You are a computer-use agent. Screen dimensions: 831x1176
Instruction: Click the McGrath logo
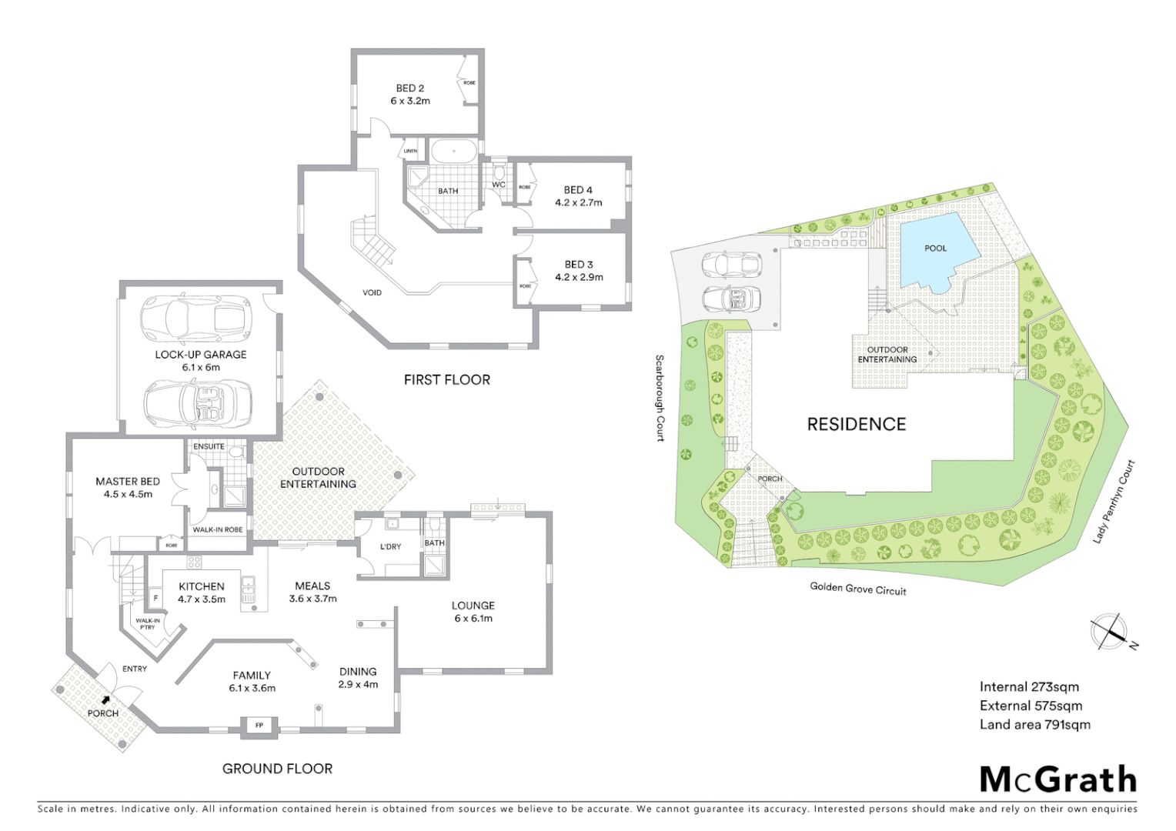click(1057, 779)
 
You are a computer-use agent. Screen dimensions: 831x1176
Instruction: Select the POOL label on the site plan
click(935, 249)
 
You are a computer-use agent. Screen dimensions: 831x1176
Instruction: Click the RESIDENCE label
click(856, 424)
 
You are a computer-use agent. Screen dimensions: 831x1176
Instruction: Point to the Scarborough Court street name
click(660, 398)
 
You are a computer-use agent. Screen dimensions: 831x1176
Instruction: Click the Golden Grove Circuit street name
click(857, 589)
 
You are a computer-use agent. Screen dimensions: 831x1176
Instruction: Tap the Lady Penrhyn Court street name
click(1114, 502)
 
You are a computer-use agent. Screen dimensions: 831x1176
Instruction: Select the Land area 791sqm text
click(1034, 724)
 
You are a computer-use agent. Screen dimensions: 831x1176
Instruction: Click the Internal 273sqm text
click(1029, 687)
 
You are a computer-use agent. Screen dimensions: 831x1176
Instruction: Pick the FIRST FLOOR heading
click(446, 379)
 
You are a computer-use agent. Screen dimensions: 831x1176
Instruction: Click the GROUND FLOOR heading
click(277, 769)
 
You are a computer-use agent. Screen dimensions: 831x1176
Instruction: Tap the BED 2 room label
click(409, 95)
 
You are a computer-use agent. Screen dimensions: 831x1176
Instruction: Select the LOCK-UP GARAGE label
click(201, 361)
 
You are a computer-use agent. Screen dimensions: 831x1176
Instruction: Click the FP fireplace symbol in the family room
click(259, 726)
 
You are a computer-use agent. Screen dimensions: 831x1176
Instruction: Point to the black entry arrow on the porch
click(105, 700)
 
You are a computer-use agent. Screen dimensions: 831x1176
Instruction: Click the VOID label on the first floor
click(372, 292)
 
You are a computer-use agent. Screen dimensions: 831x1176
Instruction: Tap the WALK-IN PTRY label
click(148, 623)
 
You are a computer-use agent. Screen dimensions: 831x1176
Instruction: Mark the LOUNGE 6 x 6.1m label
click(473, 612)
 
